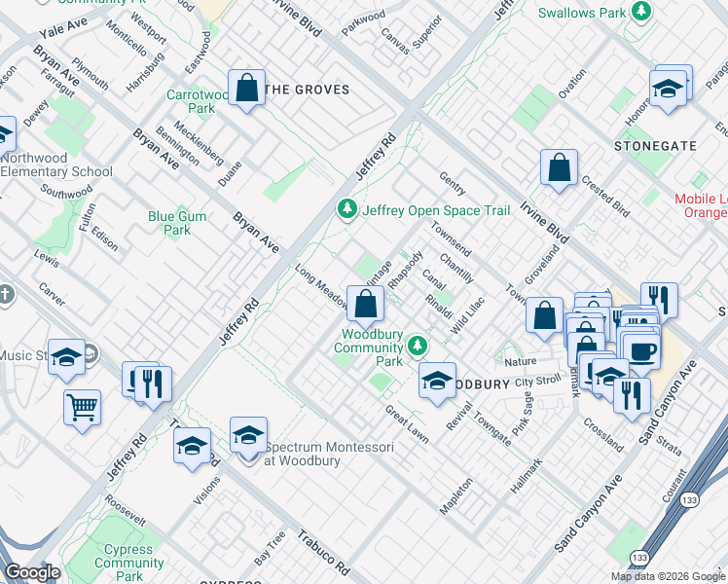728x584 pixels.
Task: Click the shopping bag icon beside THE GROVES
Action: tap(248, 89)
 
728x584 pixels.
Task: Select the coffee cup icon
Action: tap(641, 350)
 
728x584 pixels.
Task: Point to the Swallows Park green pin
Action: tap(641, 12)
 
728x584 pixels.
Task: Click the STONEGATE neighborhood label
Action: tap(655, 145)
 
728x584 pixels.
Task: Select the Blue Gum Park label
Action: tap(177, 223)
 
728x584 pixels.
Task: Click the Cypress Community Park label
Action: tap(129, 563)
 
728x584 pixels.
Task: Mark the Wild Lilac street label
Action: tap(468, 317)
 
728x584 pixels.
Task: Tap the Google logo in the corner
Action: tap(32, 572)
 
